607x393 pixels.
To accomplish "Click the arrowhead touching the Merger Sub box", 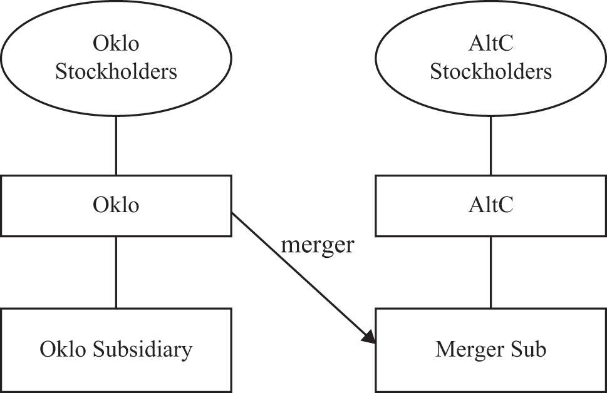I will (x=369, y=337).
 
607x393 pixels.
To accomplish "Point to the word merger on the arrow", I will (x=318, y=245).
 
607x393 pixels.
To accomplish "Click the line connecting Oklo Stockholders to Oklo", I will (x=116, y=146).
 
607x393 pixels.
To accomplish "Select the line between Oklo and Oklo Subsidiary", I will (x=116, y=272).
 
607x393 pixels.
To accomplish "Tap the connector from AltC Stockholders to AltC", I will (x=490, y=146).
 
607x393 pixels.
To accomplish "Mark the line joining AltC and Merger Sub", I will (x=490, y=272).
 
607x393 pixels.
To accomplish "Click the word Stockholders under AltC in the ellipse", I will (x=490, y=71).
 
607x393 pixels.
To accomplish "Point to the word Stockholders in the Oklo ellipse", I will (x=116, y=71).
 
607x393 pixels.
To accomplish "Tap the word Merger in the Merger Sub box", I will (x=470, y=349).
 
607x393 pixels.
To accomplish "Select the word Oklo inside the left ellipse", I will (x=116, y=44).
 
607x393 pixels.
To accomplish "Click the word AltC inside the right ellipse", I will (x=490, y=44).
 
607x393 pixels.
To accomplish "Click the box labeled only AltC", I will (x=490, y=205).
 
